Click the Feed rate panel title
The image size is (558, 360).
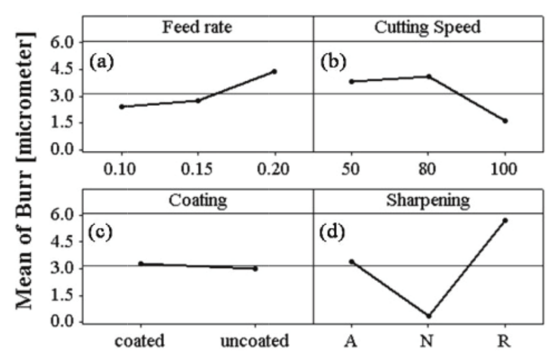pyautogui.click(x=197, y=28)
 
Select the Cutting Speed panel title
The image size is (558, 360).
pyautogui.click(x=428, y=28)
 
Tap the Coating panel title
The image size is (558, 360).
pyautogui.click(x=198, y=200)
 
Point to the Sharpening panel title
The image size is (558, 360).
pyautogui.click(x=428, y=200)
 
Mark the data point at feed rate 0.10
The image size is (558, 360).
pyautogui.click(x=121, y=107)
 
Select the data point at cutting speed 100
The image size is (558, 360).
pyautogui.click(x=505, y=121)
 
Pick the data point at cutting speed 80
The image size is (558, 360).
pyautogui.click(x=428, y=76)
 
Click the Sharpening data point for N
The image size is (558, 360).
pyautogui.click(x=428, y=315)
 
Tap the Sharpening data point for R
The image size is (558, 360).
pyautogui.click(x=505, y=220)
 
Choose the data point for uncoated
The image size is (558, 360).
pyautogui.click(x=255, y=269)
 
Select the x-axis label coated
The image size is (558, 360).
pyautogui.click(x=141, y=342)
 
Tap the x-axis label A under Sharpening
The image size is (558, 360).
pyautogui.click(x=351, y=342)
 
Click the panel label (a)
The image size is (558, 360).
pyautogui.click(x=102, y=62)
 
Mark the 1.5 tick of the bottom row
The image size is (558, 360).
pyautogui.click(x=64, y=296)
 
